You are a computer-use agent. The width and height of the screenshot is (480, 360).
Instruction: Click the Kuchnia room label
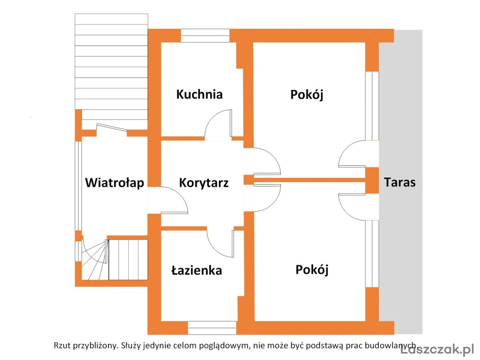click(199, 94)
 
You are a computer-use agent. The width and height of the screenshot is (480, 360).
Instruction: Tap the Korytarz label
click(204, 183)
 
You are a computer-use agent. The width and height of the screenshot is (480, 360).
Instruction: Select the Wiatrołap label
click(114, 183)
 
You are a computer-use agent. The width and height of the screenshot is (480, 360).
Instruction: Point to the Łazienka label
click(196, 270)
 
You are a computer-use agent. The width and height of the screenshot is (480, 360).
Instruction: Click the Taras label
click(400, 182)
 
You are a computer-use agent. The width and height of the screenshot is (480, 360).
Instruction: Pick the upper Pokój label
click(306, 95)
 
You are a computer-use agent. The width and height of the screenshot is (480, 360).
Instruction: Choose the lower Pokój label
click(312, 270)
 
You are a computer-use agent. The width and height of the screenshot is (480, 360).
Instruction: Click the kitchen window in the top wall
click(205, 36)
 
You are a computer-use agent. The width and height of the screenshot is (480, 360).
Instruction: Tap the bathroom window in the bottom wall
click(212, 328)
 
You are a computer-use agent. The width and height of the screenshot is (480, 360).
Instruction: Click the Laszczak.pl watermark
click(437, 349)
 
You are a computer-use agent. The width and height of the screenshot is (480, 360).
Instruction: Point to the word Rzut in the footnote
click(62, 345)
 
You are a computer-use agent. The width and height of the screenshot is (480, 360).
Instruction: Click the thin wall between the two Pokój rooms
click(309, 180)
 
